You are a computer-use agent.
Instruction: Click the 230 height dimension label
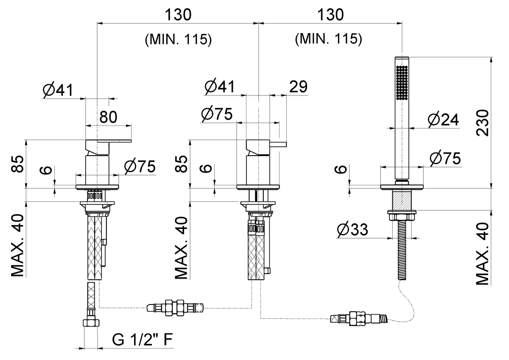(483, 123)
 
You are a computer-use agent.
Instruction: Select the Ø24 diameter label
(443, 120)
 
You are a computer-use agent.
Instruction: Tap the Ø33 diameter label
(352, 229)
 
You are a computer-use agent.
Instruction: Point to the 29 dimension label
(298, 87)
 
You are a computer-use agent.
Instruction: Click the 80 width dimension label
(108, 117)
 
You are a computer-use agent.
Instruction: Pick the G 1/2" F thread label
(143, 340)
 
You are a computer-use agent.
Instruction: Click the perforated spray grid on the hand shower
(402, 82)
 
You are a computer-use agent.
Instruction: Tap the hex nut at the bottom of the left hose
(91, 323)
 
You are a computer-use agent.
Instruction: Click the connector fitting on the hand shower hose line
(359, 318)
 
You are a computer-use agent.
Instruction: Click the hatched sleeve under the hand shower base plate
(402, 200)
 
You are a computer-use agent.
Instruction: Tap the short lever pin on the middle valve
(278, 145)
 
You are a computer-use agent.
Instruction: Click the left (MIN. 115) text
(178, 39)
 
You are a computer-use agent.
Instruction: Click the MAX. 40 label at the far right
(482, 254)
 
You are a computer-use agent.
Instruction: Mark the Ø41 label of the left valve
(58, 90)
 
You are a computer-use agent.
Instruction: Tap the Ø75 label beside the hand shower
(445, 158)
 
